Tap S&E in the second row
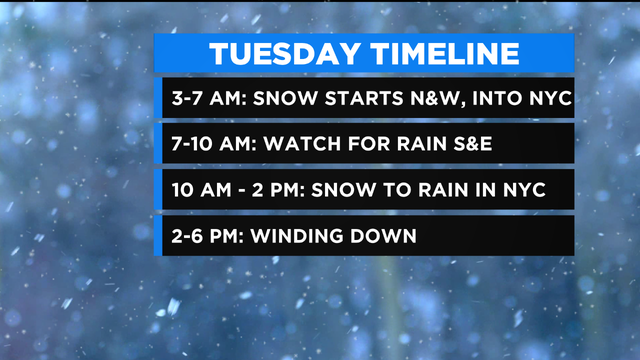coord(468,143)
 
